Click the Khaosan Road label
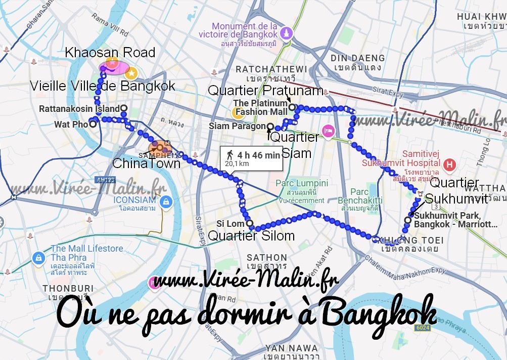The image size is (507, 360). coord(110,52)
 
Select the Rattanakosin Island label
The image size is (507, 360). coord(79,108)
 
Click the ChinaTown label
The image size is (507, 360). coord(146,163)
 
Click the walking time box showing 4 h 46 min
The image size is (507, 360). coord(252,158)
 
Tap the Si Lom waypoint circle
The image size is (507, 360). coord(249,223)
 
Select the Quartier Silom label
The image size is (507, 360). coord(251,235)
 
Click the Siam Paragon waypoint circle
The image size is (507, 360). coord(270,127)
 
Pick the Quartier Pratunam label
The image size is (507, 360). coord(265,91)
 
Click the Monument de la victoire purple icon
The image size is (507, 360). coord(287,32)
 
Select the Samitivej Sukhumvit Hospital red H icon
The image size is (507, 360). coord(448,165)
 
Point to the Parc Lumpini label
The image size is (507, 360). coord(302,183)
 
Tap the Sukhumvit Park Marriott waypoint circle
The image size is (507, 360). coord(408,220)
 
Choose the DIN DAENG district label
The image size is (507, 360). coord(358,58)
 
